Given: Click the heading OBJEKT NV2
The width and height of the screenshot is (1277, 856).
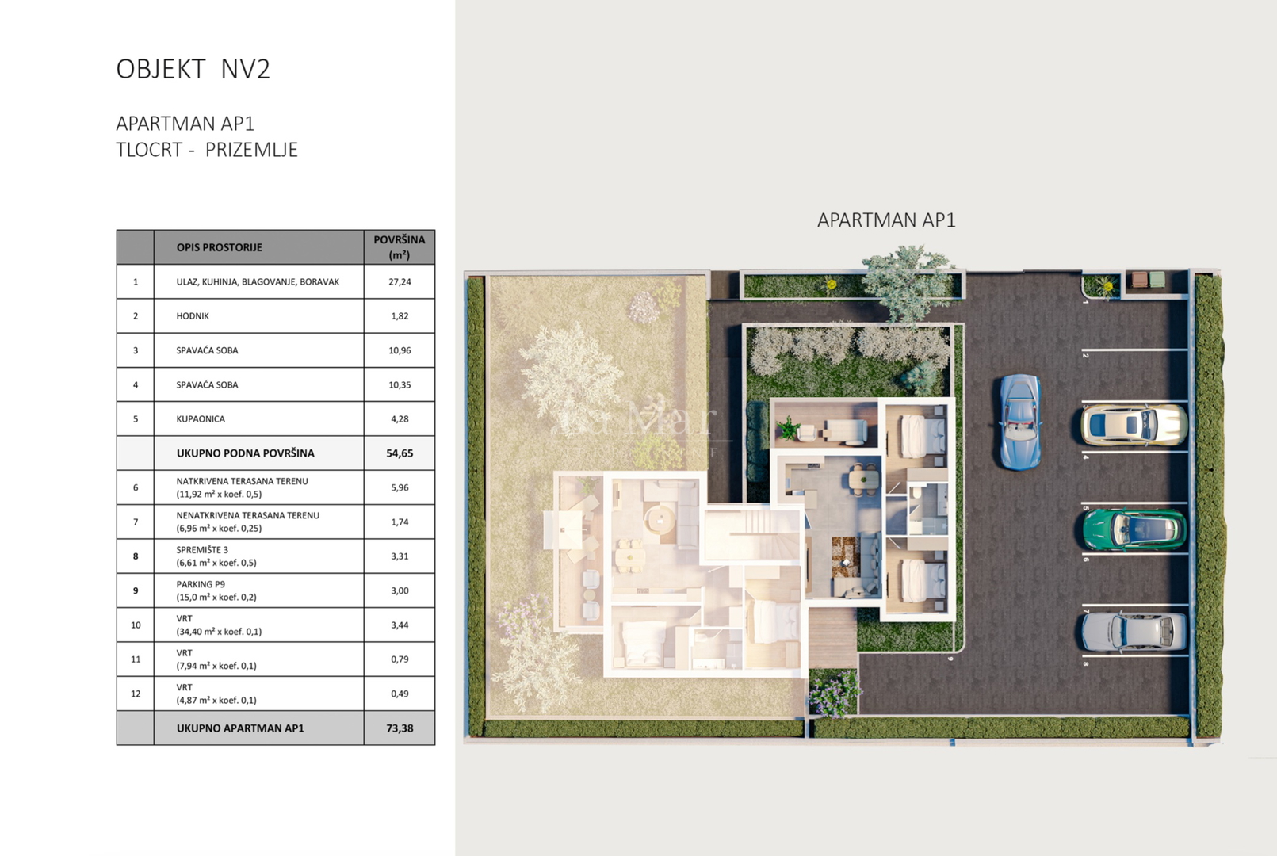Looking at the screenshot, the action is pyautogui.click(x=193, y=69).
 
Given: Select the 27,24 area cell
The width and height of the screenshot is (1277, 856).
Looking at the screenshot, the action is pyautogui.click(x=400, y=281).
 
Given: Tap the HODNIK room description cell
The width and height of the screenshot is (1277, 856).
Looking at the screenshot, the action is pyautogui.click(x=259, y=315).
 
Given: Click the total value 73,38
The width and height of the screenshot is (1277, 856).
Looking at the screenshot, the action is pyautogui.click(x=400, y=728).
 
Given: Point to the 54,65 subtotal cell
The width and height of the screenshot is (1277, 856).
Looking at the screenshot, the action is pyautogui.click(x=400, y=453).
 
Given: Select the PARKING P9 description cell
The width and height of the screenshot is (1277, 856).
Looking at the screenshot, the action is pyautogui.click(x=259, y=590).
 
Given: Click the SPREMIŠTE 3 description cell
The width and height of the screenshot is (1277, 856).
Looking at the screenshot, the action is pyautogui.click(x=259, y=556).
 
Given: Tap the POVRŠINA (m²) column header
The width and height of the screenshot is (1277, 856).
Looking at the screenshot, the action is pyautogui.click(x=400, y=247).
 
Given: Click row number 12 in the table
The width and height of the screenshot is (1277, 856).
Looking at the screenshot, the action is pyautogui.click(x=136, y=694).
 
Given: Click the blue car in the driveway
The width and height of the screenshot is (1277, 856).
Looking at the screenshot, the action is pyautogui.click(x=1020, y=422).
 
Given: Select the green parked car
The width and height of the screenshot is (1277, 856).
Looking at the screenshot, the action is pyautogui.click(x=1134, y=529).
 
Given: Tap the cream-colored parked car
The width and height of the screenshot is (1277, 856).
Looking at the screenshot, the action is pyautogui.click(x=1134, y=425).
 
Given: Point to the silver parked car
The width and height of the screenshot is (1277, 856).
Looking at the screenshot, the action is pyautogui.click(x=1134, y=632).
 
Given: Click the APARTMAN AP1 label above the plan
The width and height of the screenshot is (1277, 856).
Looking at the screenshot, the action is pyautogui.click(x=886, y=220).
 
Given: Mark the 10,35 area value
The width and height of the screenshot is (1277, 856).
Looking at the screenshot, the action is pyautogui.click(x=400, y=384).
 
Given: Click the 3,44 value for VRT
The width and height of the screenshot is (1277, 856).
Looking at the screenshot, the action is pyautogui.click(x=400, y=625).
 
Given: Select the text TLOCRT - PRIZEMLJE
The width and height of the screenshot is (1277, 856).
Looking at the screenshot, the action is pyautogui.click(x=207, y=150).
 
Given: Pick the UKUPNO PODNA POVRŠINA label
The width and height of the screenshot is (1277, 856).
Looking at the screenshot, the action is pyautogui.click(x=245, y=453).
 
